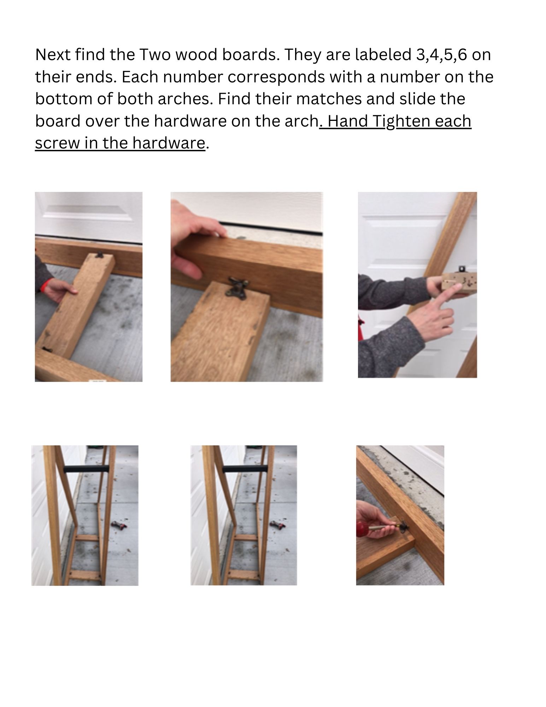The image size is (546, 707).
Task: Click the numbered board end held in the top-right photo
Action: click(459, 283)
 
